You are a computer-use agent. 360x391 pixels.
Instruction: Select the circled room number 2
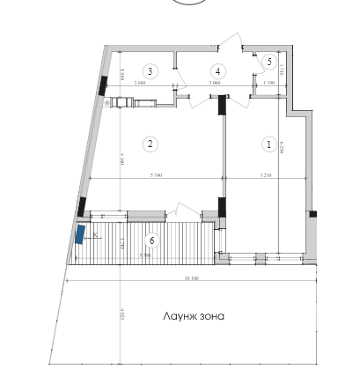point(151,144)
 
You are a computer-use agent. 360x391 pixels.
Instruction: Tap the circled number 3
point(151,71)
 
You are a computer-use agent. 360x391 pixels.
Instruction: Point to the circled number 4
point(217,71)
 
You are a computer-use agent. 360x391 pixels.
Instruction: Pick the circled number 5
point(268,61)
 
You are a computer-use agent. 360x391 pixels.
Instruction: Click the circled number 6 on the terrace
point(151,239)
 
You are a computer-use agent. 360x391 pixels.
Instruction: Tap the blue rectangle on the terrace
point(80,234)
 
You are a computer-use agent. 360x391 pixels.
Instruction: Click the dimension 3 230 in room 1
point(266,176)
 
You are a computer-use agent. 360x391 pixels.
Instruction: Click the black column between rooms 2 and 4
point(221,103)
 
